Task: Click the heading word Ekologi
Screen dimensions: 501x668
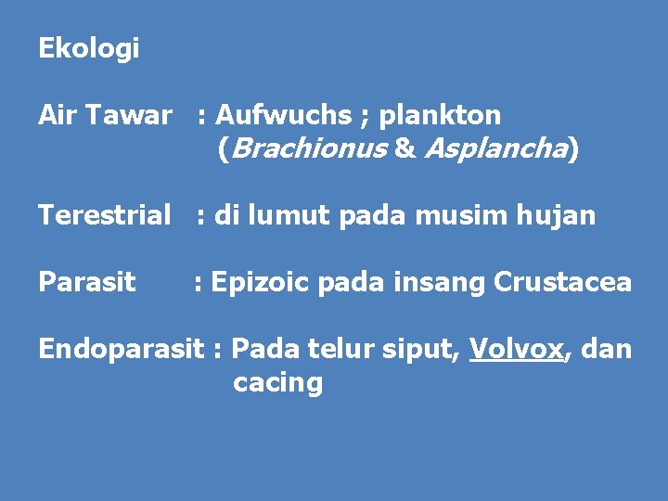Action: (x=88, y=49)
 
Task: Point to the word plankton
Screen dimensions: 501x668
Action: (x=440, y=116)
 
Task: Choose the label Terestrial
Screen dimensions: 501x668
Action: (x=105, y=216)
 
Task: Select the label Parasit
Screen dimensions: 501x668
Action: (x=86, y=282)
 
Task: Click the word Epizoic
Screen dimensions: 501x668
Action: (x=261, y=282)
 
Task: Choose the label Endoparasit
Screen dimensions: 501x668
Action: (x=121, y=350)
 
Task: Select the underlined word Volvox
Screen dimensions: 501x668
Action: (x=516, y=350)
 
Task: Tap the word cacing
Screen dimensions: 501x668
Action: (x=277, y=383)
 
